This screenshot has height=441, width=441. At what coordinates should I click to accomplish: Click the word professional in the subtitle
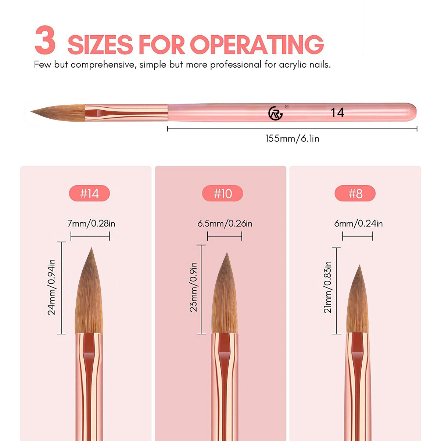(x=236, y=65)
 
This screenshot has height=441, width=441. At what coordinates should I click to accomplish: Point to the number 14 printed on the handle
(x=337, y=112)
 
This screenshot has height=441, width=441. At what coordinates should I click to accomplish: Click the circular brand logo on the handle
(x=275, y=113)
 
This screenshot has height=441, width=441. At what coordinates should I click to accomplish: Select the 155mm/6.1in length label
(x=292, y=139)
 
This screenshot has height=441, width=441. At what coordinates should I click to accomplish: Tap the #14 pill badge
(x=89, y=193)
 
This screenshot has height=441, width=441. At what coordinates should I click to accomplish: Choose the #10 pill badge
(x=222, y=193)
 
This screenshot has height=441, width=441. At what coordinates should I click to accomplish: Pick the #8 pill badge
(x=355, y=193)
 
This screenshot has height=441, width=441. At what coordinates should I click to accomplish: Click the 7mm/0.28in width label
(x=91, y=223)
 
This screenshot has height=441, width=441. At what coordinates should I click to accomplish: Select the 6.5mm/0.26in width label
(x=225, y=223)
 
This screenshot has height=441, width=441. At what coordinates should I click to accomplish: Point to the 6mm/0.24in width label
(x=358, y=223)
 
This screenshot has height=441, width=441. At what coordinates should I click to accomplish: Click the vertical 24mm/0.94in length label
(x=51, y=287)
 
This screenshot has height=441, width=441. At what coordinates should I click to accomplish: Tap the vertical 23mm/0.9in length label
(x=193, y=287)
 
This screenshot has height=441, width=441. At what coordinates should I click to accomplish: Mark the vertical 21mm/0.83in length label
(x=327, y=287)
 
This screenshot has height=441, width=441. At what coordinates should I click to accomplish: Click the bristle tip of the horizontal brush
(x=31, y=111)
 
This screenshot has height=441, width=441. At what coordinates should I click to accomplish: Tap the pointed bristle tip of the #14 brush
(x=91, y=248)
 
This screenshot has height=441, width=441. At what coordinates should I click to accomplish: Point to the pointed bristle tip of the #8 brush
(x=359, y=265)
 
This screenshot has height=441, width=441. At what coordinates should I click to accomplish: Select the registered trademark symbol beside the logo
(x=287, y=107)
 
